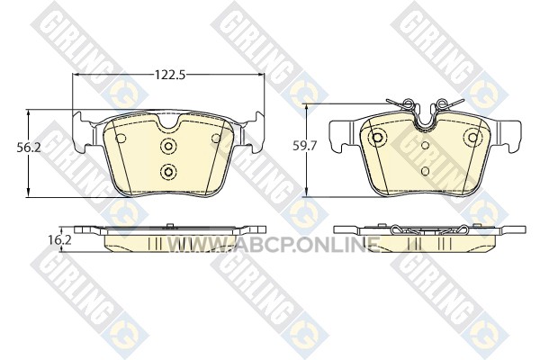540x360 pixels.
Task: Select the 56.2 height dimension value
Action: point(29,148)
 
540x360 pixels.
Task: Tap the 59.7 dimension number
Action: point(304,146)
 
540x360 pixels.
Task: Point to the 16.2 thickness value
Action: point(60,240)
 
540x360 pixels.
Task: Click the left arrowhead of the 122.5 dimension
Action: point(76,75)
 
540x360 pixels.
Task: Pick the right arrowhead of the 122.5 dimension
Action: point(260,75)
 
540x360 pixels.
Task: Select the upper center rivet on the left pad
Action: point(168,146)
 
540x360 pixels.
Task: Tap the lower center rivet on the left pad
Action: point(168,171)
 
